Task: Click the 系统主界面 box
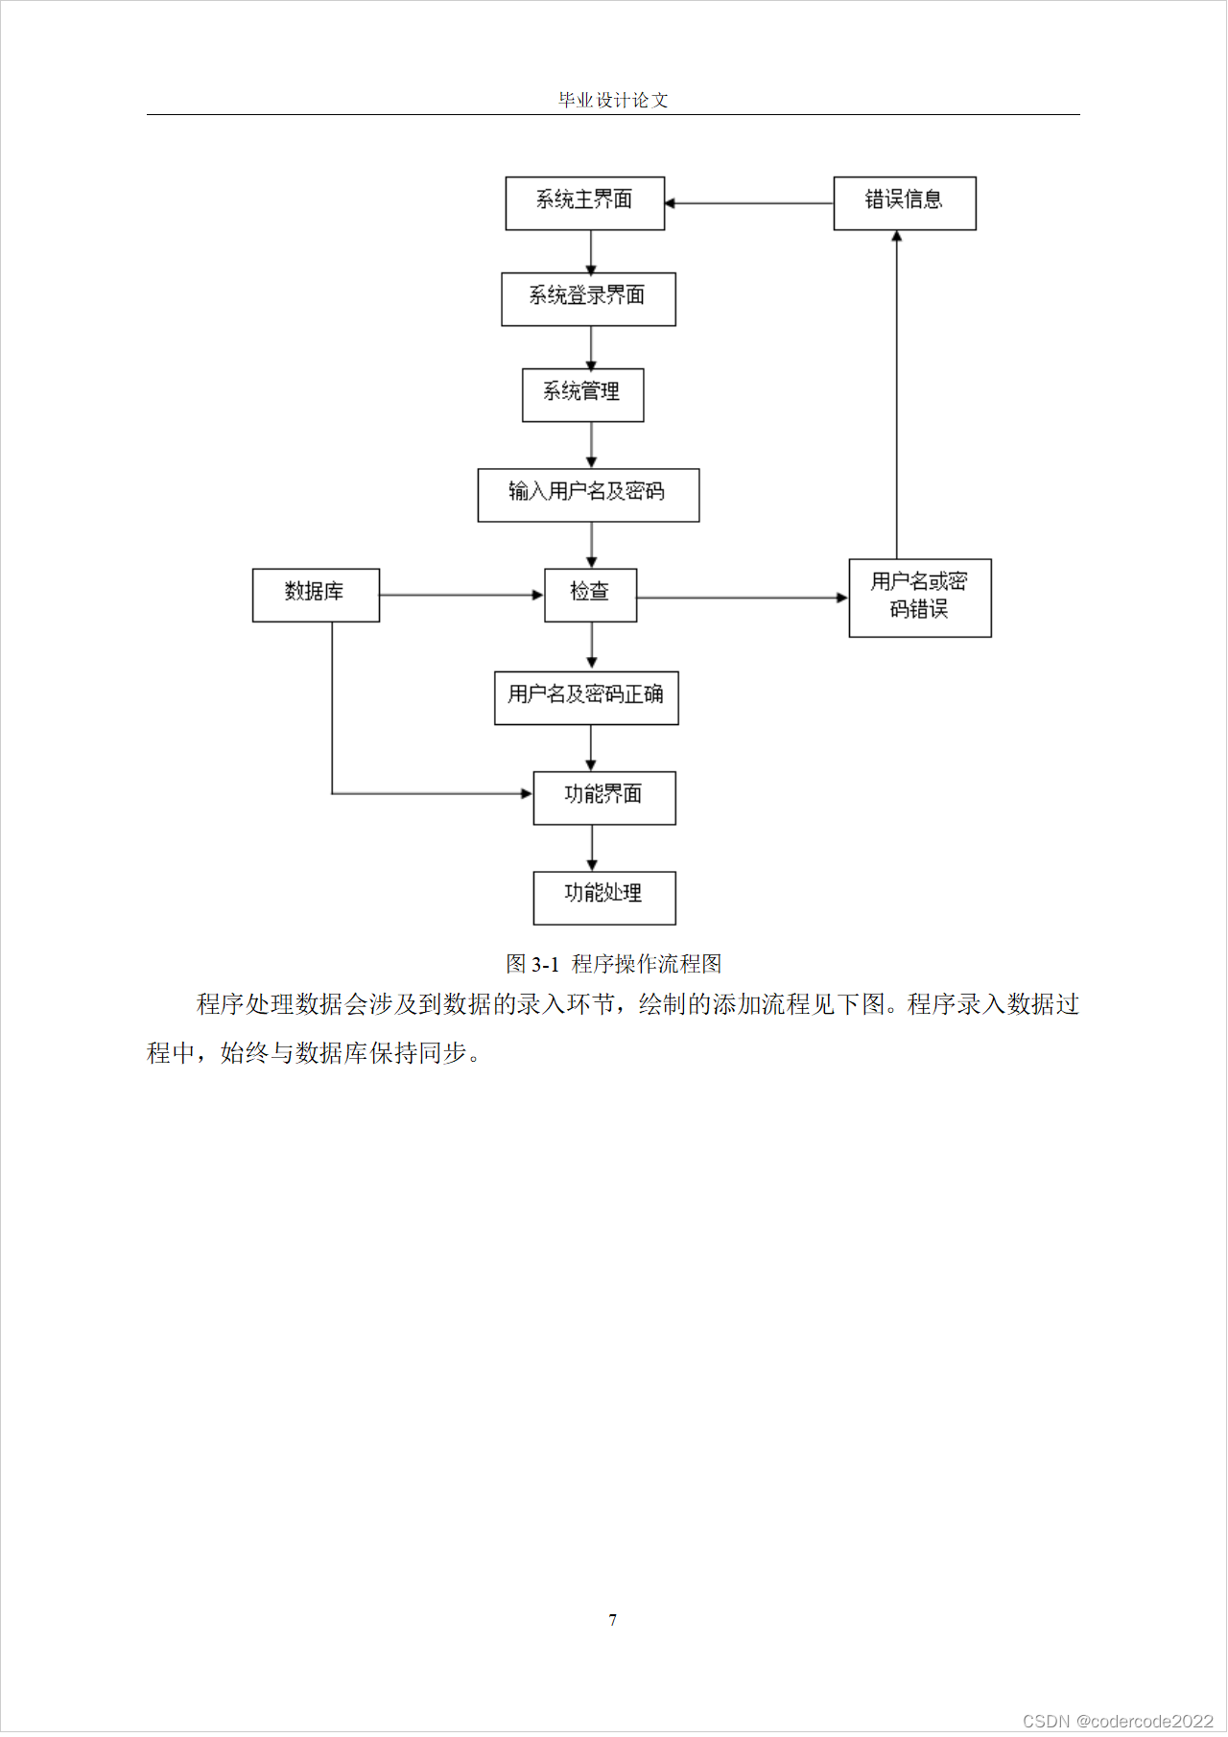point(585,203)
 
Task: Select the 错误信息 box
point(905,203)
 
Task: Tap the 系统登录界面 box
point(588,299)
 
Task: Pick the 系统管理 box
point(582,395)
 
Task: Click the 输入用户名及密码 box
point(588,495)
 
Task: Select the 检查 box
point(590,595)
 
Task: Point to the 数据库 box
point(316,595)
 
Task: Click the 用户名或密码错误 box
point(920,598)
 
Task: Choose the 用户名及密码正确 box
point(586,697)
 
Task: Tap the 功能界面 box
point(604,797)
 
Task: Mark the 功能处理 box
point(604,897)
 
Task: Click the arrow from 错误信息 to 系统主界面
point(748,203)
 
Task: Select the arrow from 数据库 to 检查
point(460,595)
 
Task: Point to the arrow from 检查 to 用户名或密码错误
point(742,598)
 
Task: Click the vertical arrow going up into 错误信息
point(897,393)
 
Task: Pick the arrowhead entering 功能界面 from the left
point(526,793)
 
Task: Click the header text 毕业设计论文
point(613,100)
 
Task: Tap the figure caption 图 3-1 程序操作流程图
point(613,963)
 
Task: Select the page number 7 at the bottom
point(613,1620)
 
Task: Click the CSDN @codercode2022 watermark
point(1118,1721)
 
